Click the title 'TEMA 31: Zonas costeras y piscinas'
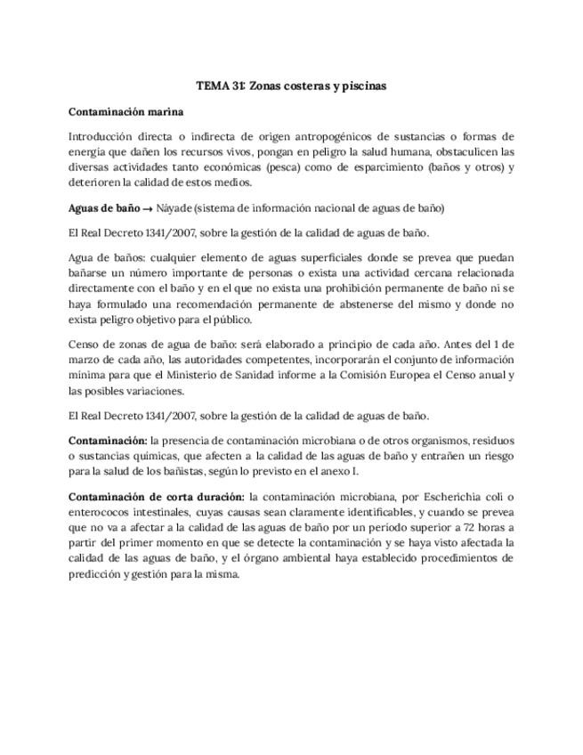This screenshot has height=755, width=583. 291,86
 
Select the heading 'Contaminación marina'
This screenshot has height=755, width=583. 126,111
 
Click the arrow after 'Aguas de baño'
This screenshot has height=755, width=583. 149,208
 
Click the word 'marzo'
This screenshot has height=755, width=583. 85,360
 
